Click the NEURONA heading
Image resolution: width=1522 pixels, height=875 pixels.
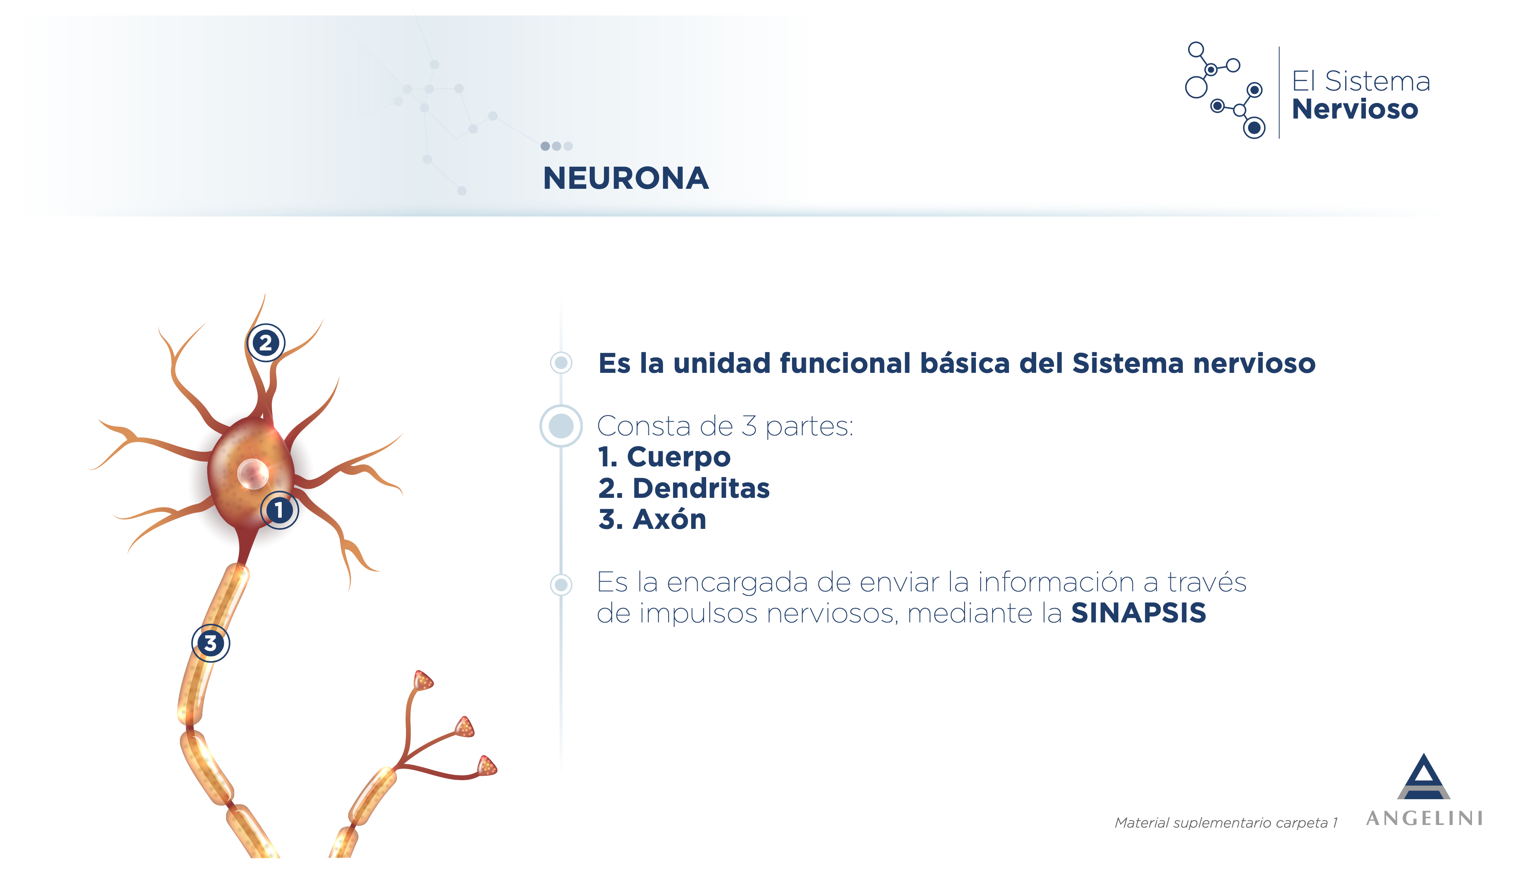[626, 178]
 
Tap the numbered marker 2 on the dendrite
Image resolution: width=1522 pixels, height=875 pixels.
[266, 343]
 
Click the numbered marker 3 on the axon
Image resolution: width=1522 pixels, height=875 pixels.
[211, 643]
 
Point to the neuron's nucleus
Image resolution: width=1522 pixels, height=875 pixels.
[252, 474]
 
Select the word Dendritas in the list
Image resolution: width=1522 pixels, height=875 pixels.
[701, 488]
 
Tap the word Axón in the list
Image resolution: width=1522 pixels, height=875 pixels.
[669, 519]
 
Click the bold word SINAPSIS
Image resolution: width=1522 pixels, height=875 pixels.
[1138, 613]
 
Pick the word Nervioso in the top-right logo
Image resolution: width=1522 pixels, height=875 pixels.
[1355, 109]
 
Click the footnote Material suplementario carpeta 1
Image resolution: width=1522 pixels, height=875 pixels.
[1226, 823]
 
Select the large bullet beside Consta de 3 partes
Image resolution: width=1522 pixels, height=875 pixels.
[561, 426]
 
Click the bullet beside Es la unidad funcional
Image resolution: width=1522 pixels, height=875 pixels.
[561, 362]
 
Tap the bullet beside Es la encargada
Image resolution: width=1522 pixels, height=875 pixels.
[561, 584]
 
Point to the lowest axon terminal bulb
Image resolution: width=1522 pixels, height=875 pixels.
[487, 766]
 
